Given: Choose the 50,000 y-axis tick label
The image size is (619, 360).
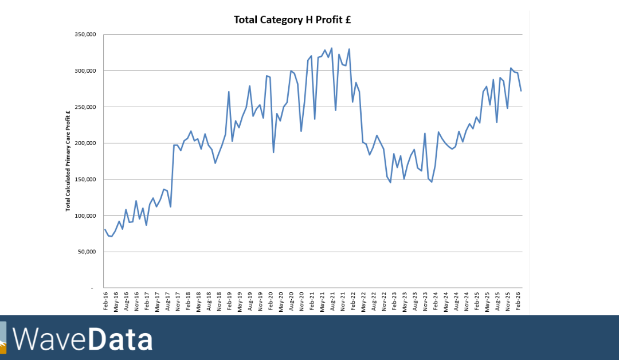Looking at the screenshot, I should tap(84, 252).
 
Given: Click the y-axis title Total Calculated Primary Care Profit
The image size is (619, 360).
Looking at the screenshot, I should tap(68, 161).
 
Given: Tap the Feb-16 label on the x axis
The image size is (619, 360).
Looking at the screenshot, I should tap(106, 302).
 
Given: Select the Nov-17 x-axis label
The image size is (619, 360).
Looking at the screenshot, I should tap(178, 302).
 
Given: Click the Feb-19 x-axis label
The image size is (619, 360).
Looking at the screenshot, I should tap(229, 302).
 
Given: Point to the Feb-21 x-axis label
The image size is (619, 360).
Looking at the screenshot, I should tap(312, 302).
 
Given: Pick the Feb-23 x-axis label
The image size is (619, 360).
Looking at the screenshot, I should tap(394, 302).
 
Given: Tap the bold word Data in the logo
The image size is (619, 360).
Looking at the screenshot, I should tap(120, 339).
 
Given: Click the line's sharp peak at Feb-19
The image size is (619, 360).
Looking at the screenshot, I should tap(229, 92).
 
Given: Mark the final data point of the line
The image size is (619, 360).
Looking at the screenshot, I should tap(521, 91).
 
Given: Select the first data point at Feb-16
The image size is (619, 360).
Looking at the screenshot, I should tap(105, 229).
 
